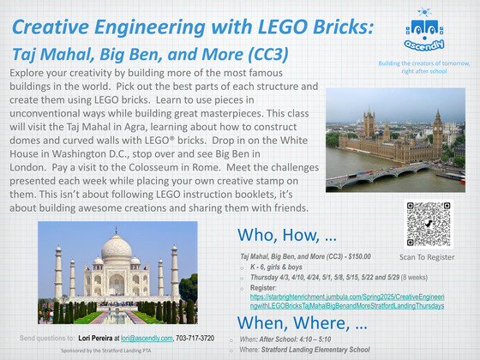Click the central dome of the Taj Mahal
pos(117,249)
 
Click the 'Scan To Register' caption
pos(426,256)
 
